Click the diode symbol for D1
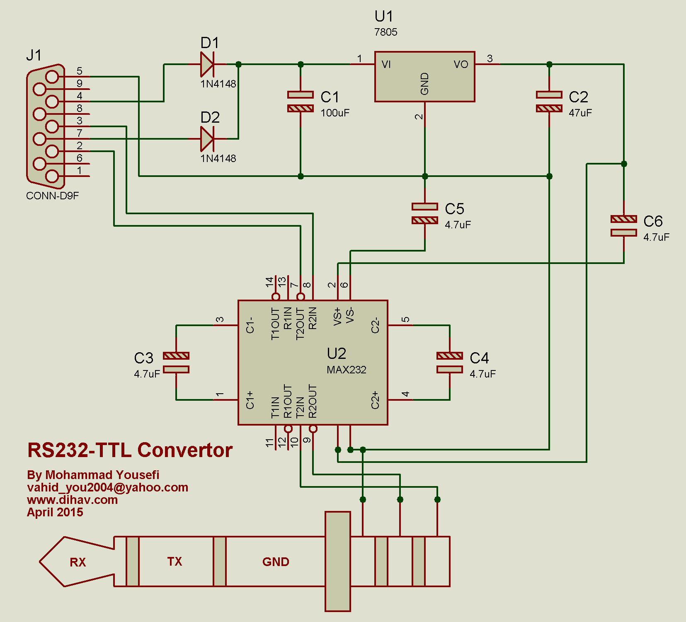click(207, 64)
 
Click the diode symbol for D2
click(207, 139)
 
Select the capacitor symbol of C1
click(301, 102)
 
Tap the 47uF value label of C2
click(580, 113)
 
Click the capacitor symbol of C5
click(425, 213)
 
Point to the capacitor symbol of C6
click(624, 226)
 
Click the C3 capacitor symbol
click(176, 363)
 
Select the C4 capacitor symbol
click(450, 363)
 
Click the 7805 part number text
click(385, 32)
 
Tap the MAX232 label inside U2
click(347, 370)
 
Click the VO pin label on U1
click(461, 64)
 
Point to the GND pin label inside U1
click(424, 84)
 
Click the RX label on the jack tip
click(78, 562)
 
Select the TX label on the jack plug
click(175, 561)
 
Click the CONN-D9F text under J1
click(52, 196)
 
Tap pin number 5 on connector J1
click(79, 71)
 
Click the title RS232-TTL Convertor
click(130, 450)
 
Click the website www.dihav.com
click(72, 500)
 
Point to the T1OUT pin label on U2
click(275, 324)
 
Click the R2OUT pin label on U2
click(313, 401)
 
